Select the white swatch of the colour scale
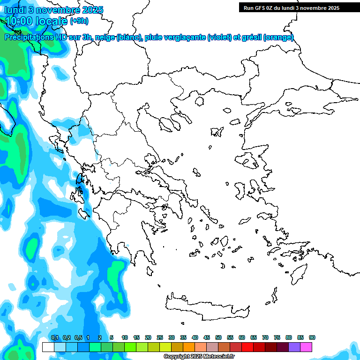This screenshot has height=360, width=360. (x=48, y=347)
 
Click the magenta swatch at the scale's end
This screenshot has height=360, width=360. (x=306, y=347)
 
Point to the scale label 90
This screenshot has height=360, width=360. (x=312, y=337)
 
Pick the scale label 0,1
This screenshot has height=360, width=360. (x=55, y=337)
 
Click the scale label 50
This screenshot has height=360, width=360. (x=218, y=337)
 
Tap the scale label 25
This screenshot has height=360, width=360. (x=160, y=337)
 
